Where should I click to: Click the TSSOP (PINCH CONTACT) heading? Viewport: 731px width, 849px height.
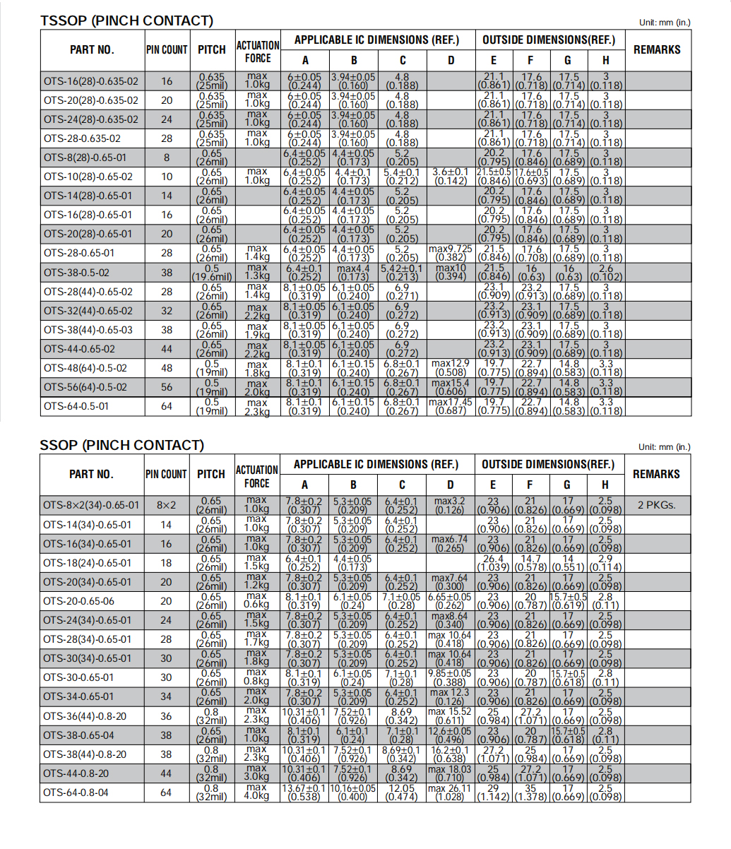tap(126, 20)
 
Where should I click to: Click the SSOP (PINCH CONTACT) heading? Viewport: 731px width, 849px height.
tap(121, 445)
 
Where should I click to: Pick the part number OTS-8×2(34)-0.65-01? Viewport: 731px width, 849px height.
tap(91, 506)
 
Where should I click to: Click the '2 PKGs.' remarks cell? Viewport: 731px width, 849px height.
tap(657, 506)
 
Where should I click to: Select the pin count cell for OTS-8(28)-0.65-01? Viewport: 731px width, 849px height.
tap(167, 158)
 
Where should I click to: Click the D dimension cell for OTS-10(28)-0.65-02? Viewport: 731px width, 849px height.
tap(451, 177)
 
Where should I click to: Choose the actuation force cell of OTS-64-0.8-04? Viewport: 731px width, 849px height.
tap(257, 792)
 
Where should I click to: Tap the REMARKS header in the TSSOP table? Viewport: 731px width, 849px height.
tap(657, 50)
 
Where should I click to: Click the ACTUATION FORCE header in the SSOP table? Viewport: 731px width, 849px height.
tap(257, 476)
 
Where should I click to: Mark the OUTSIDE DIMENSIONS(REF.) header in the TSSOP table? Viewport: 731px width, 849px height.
tap(549, 40)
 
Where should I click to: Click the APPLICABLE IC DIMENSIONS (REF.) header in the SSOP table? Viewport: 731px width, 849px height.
tap(376, 465)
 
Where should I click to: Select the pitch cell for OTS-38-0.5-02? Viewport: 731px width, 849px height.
tap(211, 273)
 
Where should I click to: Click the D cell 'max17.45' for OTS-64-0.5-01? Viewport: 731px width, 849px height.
tap(451, 406)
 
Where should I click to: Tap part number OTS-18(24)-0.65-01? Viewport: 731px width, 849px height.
tap(87, 563)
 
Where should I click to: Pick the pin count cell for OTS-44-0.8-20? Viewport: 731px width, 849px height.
tap(166, 773)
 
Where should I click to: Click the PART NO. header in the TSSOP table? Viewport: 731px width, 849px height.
tap(92, 50)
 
